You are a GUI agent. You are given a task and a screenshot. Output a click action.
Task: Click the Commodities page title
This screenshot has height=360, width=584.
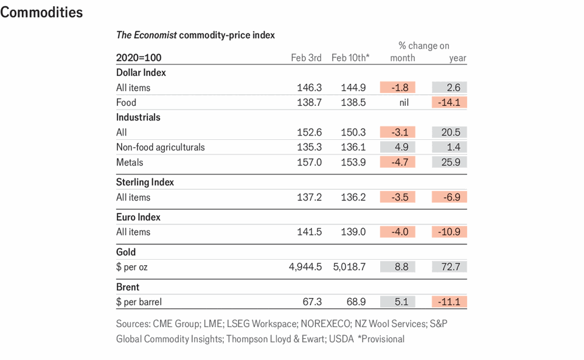pyautogui.click(x=41, y=12)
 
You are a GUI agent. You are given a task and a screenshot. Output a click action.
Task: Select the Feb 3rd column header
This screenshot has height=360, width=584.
pyautogui.click(x=306, y=58)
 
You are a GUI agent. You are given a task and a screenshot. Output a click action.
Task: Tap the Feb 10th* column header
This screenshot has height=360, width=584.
pyautogui.click(x=350, y=58)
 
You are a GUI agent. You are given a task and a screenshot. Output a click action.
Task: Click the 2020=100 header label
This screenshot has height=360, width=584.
pyautogui.click(x=139, y=58)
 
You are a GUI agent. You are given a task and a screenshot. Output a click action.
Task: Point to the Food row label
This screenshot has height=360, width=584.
pyautogui.click(x=126, y=102)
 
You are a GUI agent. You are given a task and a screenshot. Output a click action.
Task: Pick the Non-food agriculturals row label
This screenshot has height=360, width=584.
pyautogui.click(x=161, y=147)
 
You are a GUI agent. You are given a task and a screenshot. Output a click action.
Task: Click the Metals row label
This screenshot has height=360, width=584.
pyautogui.click(x=130, y=162)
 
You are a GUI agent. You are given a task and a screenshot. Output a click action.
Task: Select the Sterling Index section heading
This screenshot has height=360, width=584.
pyautogui.click(x=145, y=182)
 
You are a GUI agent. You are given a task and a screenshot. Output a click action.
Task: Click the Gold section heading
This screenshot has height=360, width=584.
pyautogui.click(x=126, y=252)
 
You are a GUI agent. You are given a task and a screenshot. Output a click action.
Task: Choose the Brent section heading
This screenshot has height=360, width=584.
pyautogui.click(x=128, y=287)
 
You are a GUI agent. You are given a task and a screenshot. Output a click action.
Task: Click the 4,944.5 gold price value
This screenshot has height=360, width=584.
pyautogui.click(x=305, y=267)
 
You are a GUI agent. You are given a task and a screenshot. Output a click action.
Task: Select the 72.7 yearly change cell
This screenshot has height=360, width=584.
pyautogui.click(x=450, y=267)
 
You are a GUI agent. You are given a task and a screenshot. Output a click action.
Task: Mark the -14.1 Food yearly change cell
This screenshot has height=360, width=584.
pyautogui.click(x=450, y=102)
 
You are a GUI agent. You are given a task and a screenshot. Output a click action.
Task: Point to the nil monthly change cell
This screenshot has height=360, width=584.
pyautogui.click(x=403, y=102)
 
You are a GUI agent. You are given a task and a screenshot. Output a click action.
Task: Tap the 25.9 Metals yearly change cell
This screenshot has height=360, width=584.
pyautogui.click(x=450, y=162)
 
